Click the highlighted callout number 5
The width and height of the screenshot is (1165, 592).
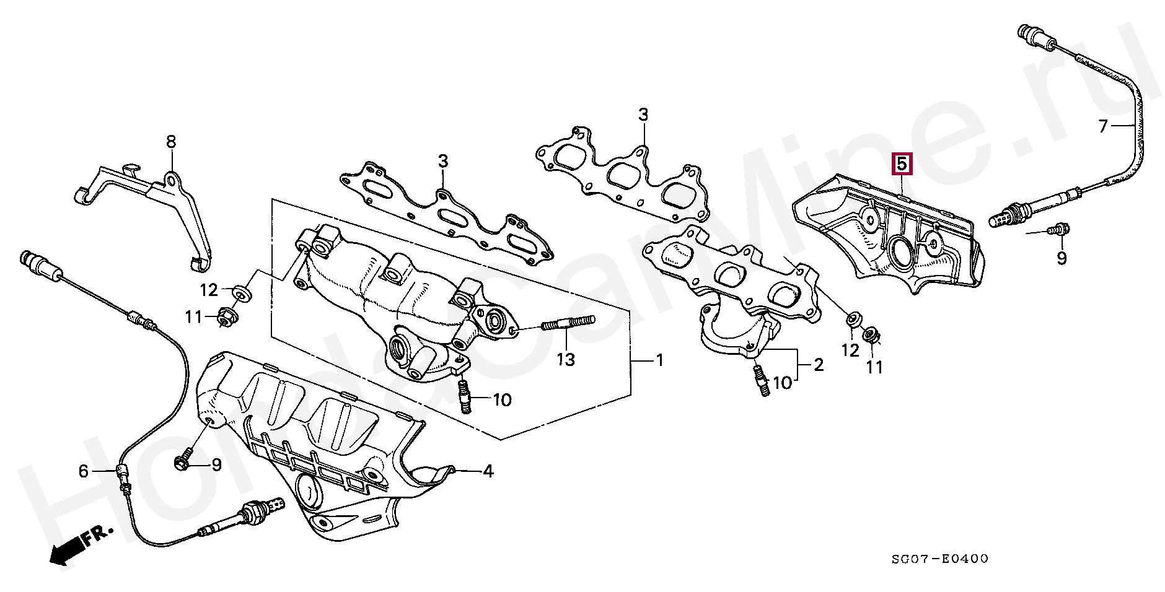(902, 164)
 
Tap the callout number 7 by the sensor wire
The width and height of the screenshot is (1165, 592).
(1102, 126)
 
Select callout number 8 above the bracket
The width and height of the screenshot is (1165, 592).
(171, 142)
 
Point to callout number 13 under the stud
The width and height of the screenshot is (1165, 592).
(565, 359)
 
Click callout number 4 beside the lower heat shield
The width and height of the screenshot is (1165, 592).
(488, 471)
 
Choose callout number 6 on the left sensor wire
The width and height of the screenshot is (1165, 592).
(84, 471)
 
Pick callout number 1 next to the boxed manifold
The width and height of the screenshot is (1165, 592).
(660, 360)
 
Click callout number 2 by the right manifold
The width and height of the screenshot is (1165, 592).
(819, 365)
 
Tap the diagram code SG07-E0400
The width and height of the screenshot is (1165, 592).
(940, 559)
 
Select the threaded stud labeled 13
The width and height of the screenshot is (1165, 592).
(568, 323)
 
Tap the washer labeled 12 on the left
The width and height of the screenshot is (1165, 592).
(242, 292)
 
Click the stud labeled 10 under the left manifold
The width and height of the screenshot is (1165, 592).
(465, 398)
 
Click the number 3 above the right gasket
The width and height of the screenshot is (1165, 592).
(643, 115)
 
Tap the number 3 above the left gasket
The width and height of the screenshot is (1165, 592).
(442, 162)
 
